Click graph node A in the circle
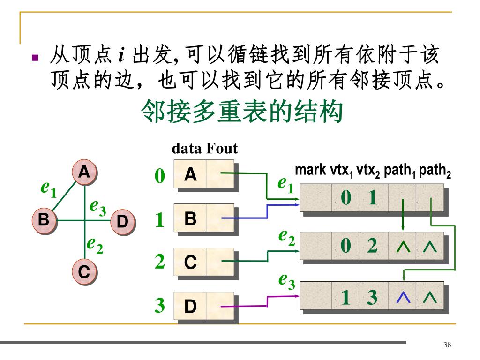(84, 173)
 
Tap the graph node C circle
(84, 271)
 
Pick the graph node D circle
(122, 221)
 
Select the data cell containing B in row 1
(190, 218)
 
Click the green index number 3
(160, 306)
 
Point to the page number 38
(447, 345)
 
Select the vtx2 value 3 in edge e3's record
(373, 297)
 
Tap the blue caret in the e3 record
(402, 297)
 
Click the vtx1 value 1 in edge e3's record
(346, 297)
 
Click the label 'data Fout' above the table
(205, 149)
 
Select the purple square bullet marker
(35, 58)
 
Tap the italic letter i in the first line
(121, 56)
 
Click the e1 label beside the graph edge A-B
(48, 189)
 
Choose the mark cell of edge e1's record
(316, 198)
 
